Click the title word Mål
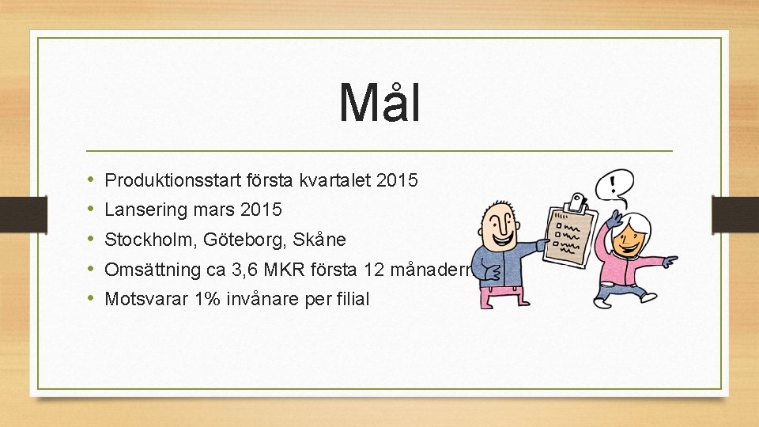pos(379,103)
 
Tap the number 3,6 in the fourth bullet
pos(245,270)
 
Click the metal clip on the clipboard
pos(578,202)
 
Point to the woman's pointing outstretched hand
pos(669,260)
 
